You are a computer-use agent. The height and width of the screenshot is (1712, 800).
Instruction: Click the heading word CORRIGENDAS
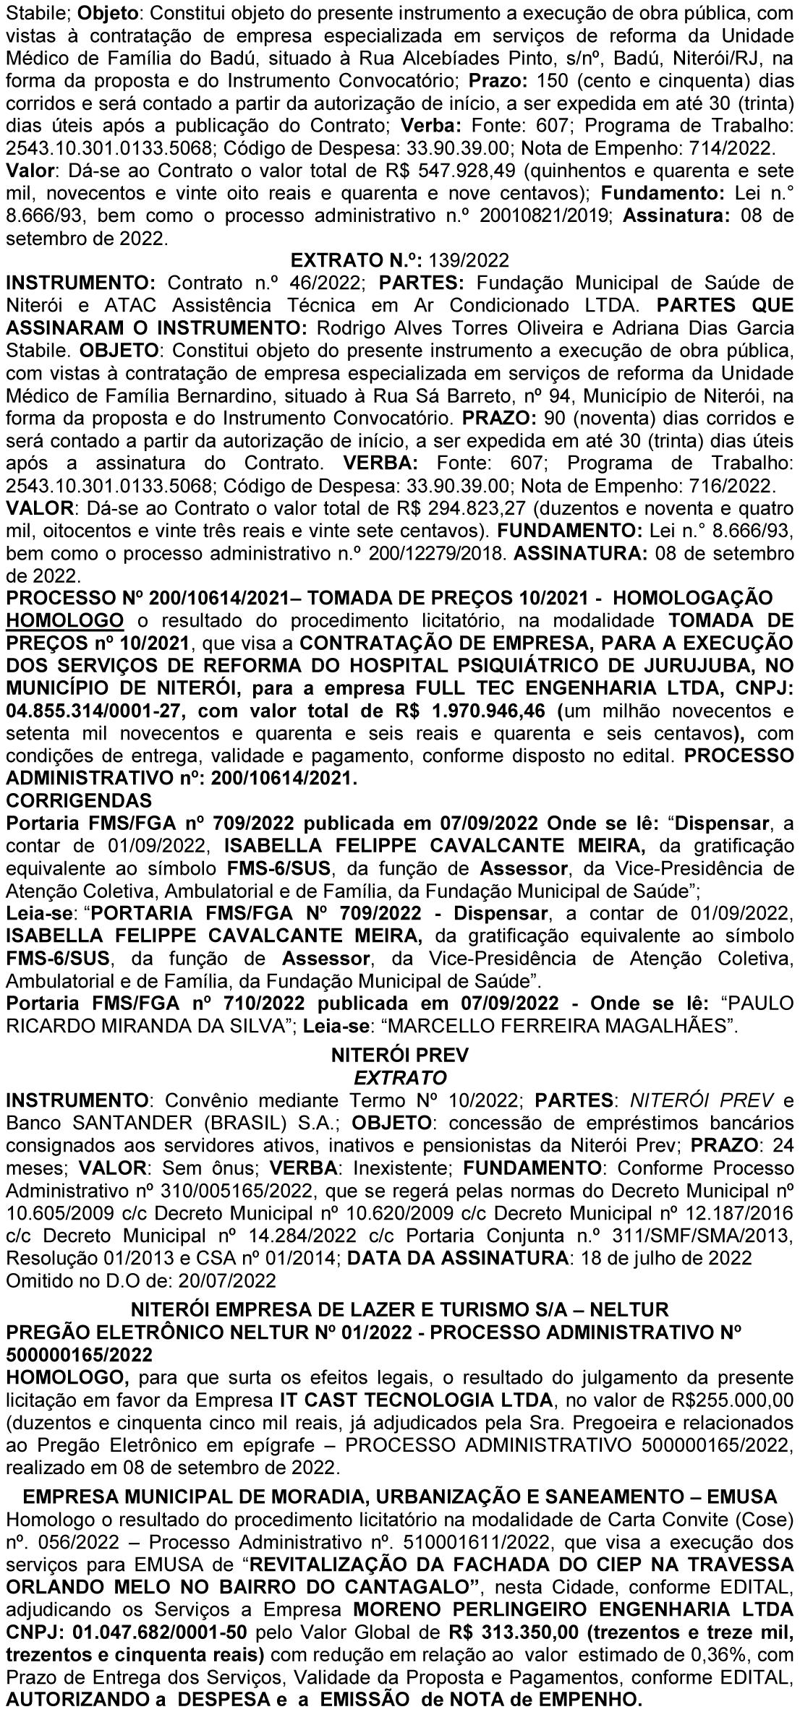point(79,800)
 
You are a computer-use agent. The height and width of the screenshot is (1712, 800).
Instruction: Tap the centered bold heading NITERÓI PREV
point(399,1055)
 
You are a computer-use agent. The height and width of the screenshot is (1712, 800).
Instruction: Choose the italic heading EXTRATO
point(399,1077)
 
